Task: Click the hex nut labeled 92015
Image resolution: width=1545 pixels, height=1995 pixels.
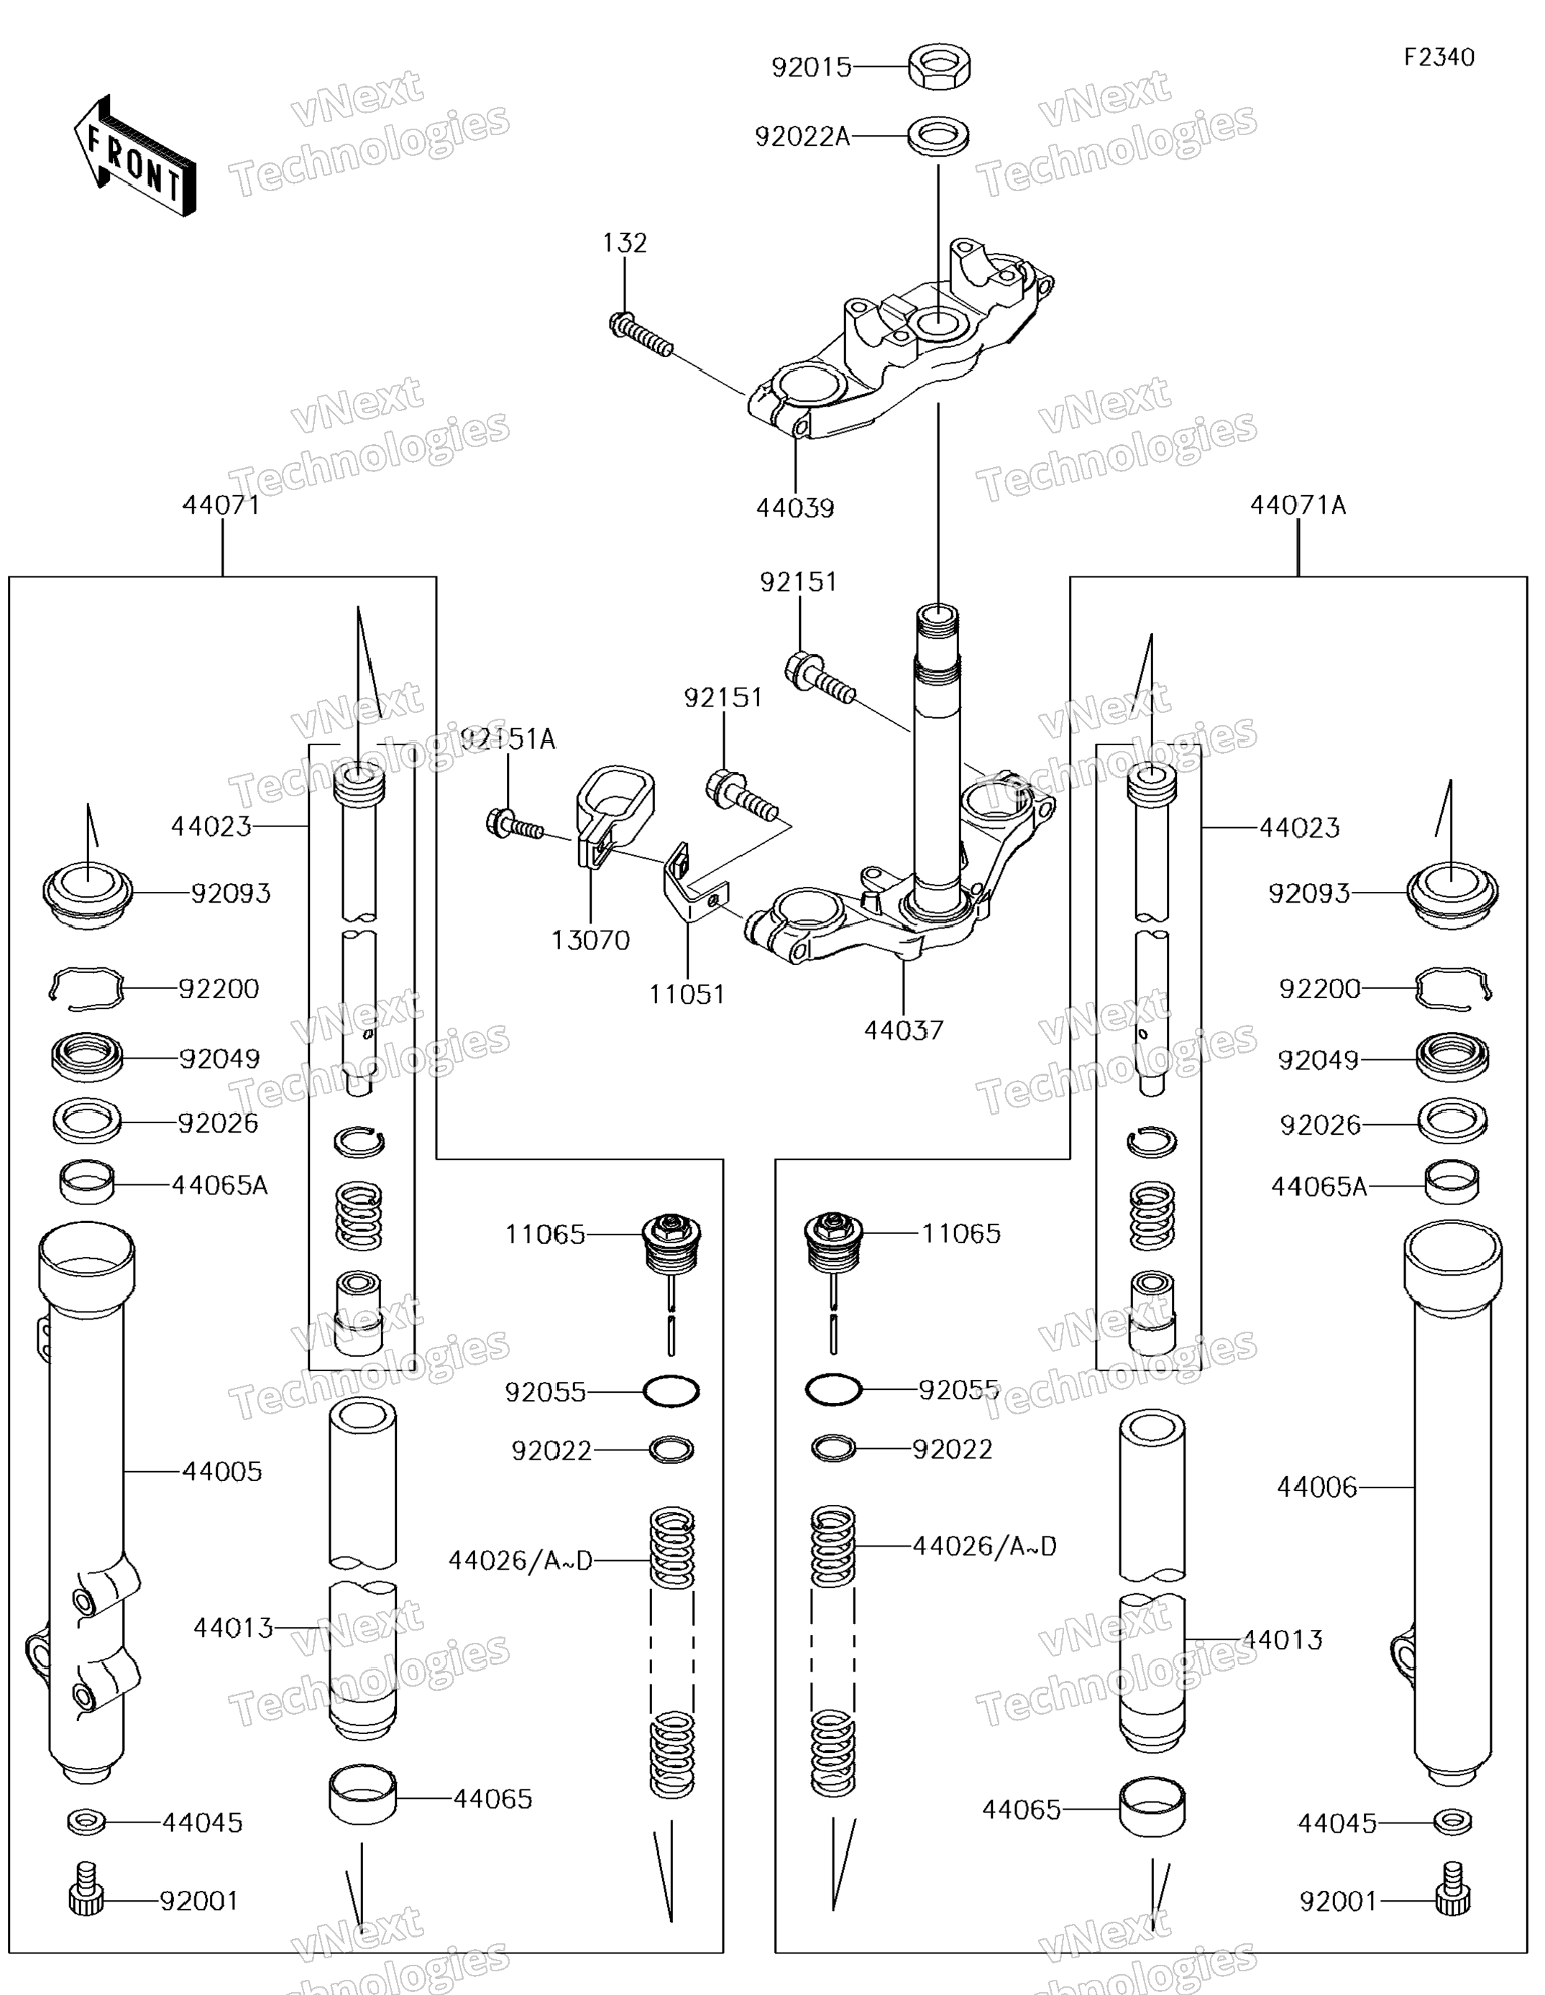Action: pyautogui.click(x=939, y=67)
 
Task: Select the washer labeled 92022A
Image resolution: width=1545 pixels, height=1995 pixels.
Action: pyautogui.click(x=938, y=135)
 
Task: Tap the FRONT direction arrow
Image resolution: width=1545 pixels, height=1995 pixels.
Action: pyautogui.click(x=135, y=157)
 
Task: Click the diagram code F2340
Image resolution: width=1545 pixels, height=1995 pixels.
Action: pyautogui.click(x=1439, y=57)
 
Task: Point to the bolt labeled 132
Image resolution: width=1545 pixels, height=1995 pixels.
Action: pyautogui.click(x=641, y=334)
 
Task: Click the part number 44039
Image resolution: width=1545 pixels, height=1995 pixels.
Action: pyautogui.click(x=795, y=509)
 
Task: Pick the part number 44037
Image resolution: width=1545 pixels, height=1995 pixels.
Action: pyautogui.click(x=904, y=1031)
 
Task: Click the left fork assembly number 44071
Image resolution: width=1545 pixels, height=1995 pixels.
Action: pyautogui.click(x=221, y=505)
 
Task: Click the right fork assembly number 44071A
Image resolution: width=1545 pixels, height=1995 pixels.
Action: pyautogui.click(x=1298, y=505)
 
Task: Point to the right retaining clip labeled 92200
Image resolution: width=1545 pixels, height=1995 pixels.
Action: pyautogui.click(x=1453, y=988)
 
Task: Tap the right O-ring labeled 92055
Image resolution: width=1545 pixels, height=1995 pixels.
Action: pyautogui.click(x=833, y=1391)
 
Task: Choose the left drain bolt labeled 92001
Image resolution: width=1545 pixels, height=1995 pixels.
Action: pyautogui.click(x=86, y=1900)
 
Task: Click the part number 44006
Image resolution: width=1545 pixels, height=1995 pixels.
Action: pyautogui.click(x=1316, y=1487)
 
